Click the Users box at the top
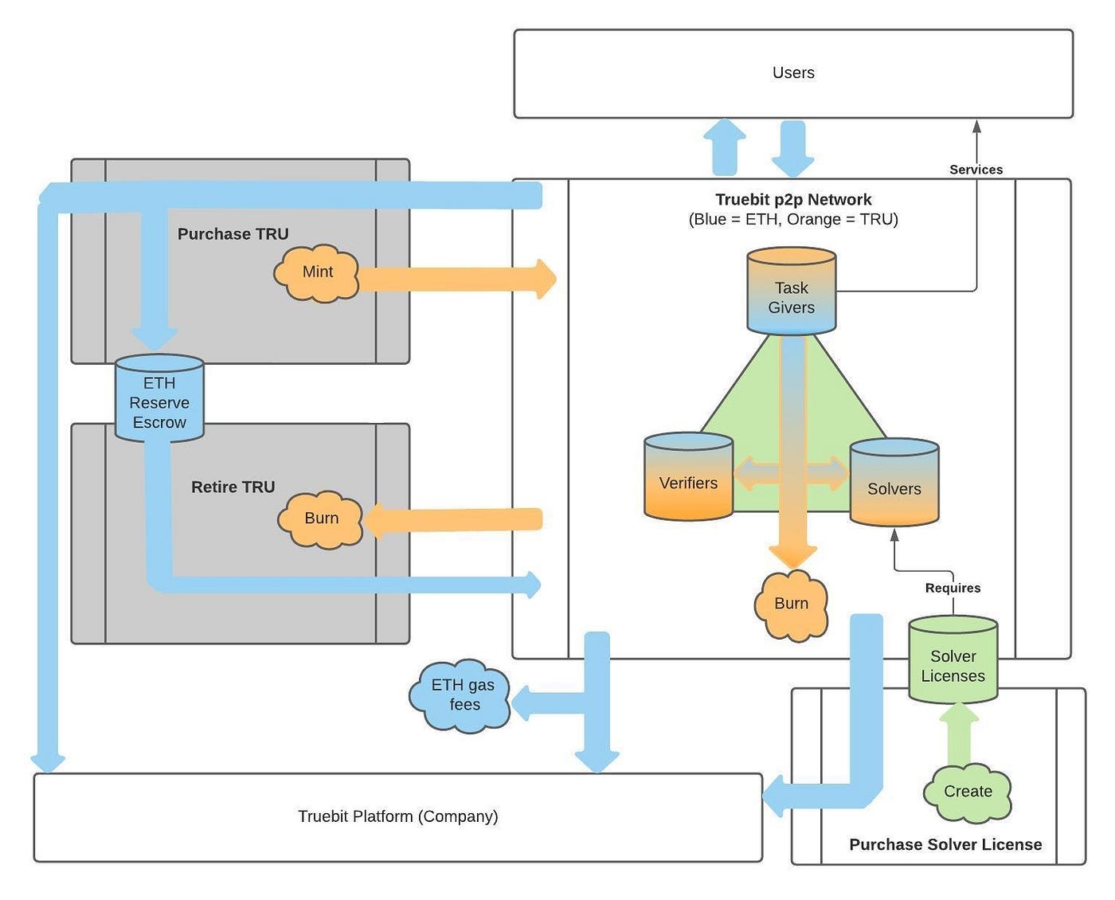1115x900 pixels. tap(793, 73)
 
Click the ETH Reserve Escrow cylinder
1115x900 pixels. tap(159, 399)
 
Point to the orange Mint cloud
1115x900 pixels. tap(317, 272)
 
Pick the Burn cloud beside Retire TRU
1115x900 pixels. tap(321, 518)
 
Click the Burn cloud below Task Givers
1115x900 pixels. tap(791, 604)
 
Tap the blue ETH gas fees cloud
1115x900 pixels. tap(463, 695)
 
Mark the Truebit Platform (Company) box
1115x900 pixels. tap(397, 816)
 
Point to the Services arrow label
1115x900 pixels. tap(976, 170)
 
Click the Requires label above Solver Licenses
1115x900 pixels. tap(953, 588)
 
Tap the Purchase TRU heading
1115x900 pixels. tap(233, 234)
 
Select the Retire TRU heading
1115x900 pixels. tap(233, 487)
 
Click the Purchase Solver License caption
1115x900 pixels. tap(945, 844)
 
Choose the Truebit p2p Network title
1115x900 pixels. tap(793, 200)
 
